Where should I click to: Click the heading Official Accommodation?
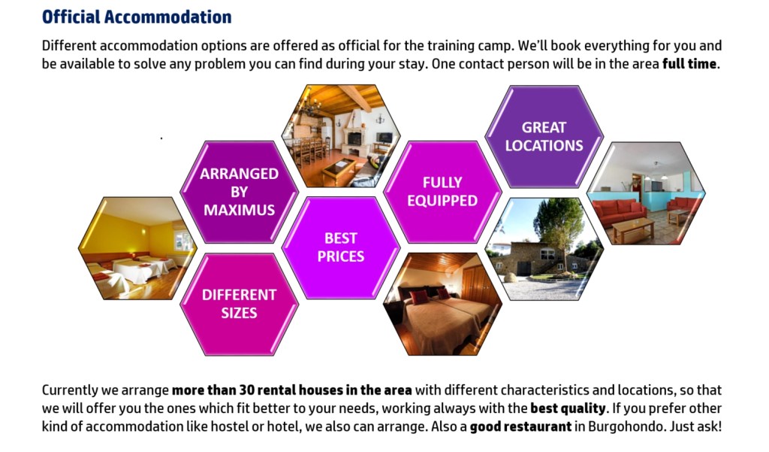coord(137,17)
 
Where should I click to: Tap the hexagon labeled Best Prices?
coord(341,247)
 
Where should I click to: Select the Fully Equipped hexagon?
coord(442,192)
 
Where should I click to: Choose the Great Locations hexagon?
coord(544,137)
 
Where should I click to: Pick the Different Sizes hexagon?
coord(240,304)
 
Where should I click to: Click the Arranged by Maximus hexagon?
coord(240,192)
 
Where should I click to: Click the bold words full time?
coord(689,64)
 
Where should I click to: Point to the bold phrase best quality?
coord(568,408)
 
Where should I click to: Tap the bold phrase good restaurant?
coord(520,426)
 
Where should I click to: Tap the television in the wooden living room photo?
coord(384,138)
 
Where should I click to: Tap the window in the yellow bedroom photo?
coord(183,241)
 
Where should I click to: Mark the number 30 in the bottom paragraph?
coord(246,390)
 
